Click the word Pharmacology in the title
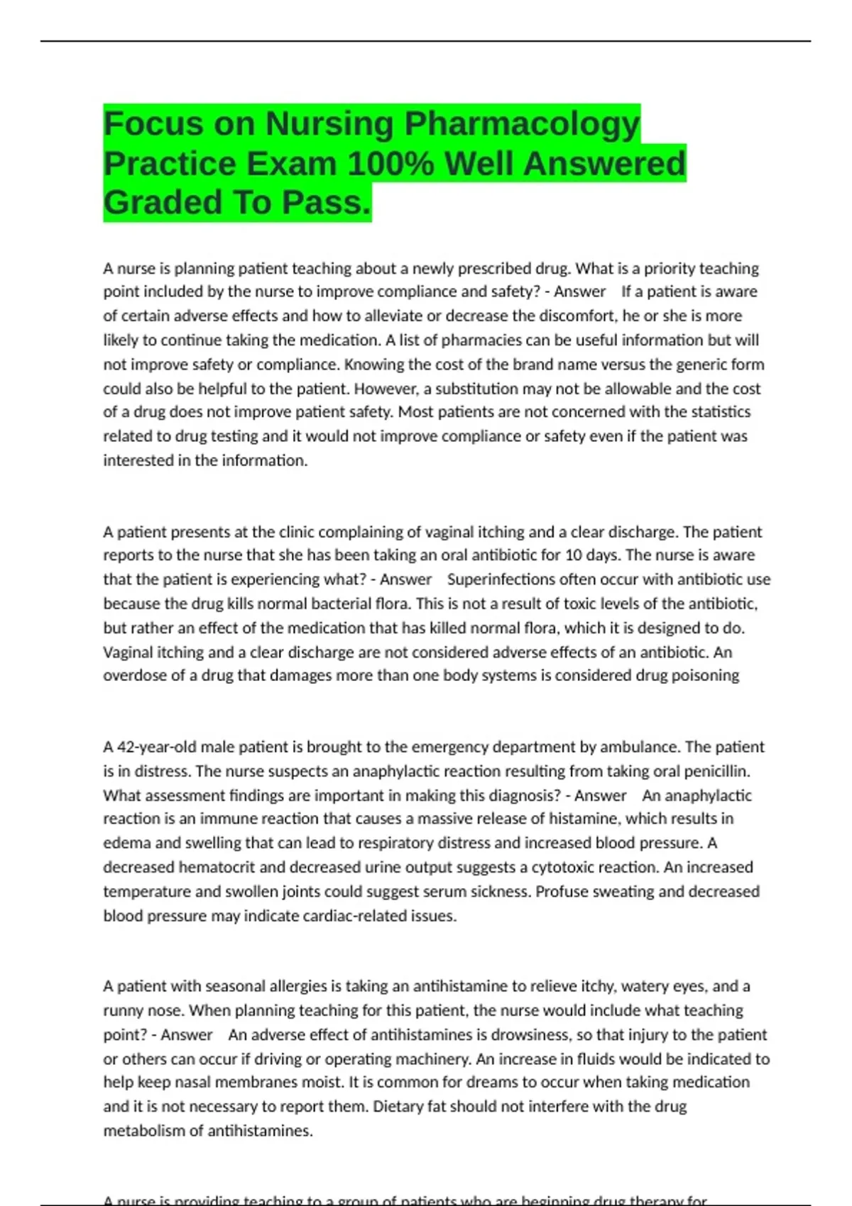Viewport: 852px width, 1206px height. click(x=522, y=124)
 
